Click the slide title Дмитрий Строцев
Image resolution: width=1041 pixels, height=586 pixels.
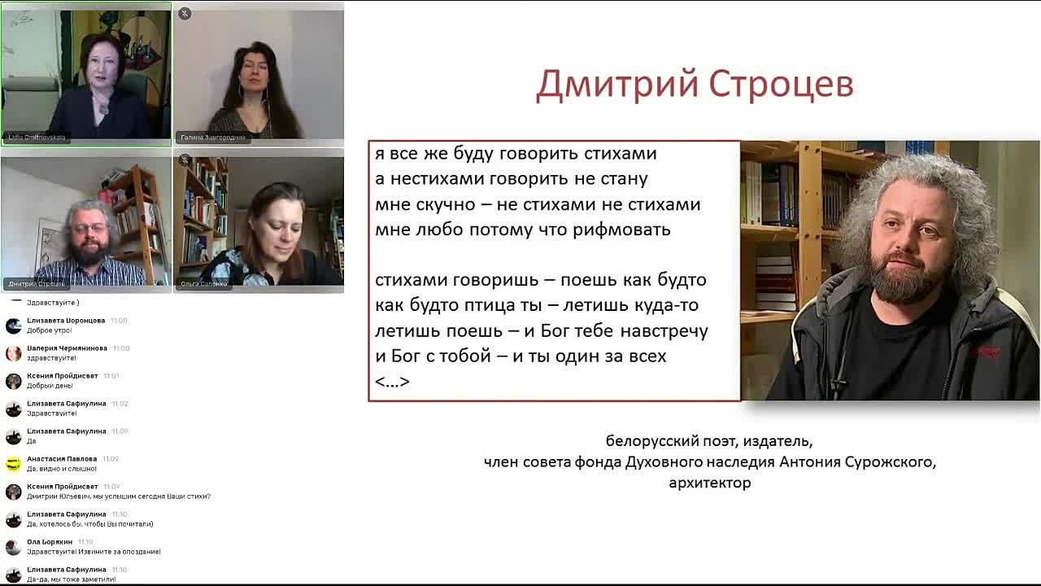695,85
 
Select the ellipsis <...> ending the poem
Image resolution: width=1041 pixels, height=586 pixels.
392,381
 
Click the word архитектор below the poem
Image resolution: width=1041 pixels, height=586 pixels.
709,483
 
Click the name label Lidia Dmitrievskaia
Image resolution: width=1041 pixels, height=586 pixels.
37,138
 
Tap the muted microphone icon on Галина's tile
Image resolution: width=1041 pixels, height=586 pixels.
185,14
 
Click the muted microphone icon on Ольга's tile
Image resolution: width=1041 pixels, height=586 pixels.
185,160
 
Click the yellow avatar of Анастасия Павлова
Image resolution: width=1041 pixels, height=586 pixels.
13,464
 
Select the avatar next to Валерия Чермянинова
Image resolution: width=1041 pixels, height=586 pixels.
13,353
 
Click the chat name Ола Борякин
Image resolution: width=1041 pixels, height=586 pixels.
50,542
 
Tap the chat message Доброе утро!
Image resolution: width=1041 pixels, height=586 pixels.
50,330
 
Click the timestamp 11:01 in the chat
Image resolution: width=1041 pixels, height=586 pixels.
111,376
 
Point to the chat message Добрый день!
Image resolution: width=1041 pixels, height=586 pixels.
50,386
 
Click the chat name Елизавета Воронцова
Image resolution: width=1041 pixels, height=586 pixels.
66,321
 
